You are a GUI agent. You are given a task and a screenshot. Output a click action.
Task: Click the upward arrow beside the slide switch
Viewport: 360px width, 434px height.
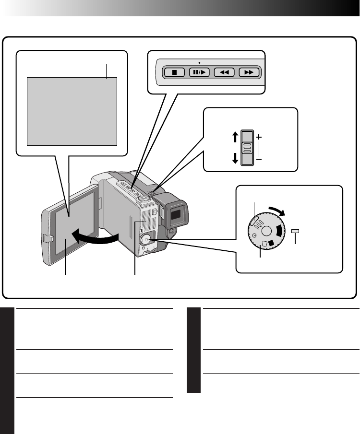(x=235, y=137)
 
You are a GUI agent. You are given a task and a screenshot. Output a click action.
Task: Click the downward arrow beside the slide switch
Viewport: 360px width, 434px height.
(x=235, y=158)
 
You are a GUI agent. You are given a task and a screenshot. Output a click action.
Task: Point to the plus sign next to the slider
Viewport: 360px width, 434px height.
(x=259, y=137)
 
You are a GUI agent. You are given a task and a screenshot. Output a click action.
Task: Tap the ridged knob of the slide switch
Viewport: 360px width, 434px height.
(x=247, y=147)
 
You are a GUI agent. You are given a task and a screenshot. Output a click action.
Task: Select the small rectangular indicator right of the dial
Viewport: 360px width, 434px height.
(x=295, y=232)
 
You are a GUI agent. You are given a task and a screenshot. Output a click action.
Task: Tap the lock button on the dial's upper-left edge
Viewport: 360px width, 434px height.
(x=254, y=222)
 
